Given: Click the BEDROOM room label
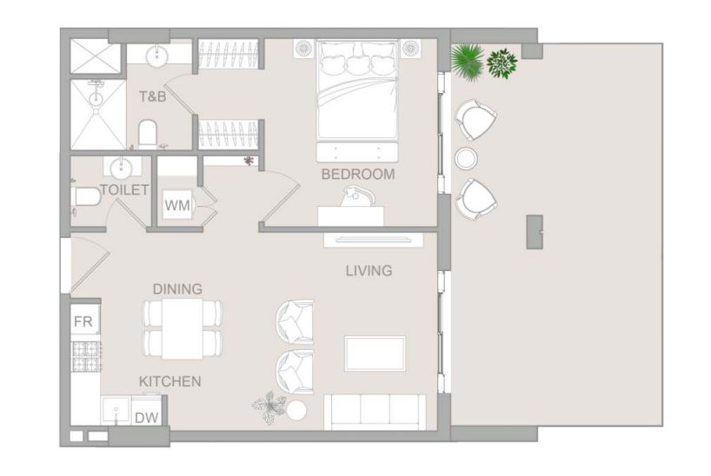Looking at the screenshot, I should click(357, 174).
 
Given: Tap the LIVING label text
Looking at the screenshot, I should click(369, 271).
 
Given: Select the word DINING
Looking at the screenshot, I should click(177, 288).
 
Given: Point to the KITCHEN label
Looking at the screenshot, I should click(170, 381).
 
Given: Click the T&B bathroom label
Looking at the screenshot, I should click(152, 96).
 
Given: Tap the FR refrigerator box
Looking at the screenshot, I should click(83, 321).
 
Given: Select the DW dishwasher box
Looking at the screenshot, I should click(147, 418).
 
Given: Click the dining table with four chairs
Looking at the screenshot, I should click(183, 328).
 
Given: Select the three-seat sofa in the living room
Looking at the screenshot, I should click(374, 410).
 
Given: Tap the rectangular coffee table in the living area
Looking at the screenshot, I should click(374, 353).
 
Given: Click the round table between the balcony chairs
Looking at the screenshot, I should click(467, 158).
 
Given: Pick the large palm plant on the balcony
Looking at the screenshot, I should click(468, 58).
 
